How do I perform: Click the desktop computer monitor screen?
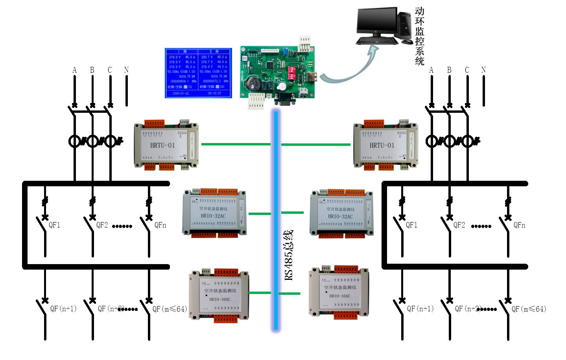[x=376, y=21]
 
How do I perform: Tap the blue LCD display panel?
[x=198, y=73]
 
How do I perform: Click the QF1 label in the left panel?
[x=54, y=225]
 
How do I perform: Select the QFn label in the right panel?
[x=519, y=225]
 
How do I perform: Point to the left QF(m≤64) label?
[x=170, y=309]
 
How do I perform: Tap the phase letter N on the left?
[x=126, y=70]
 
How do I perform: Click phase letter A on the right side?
[x=431, y=70]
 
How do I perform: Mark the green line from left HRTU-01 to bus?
[x=236, y=144]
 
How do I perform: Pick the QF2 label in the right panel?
[x=459, y=225]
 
